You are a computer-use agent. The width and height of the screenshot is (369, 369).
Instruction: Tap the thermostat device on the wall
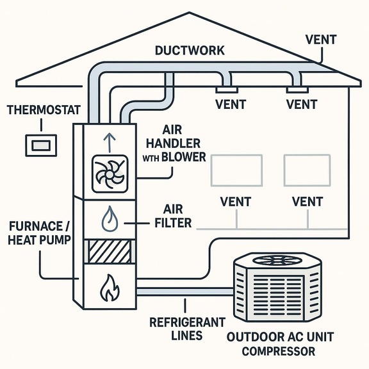pos(40,145)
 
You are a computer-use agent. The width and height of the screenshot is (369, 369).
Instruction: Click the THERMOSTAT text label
pos(42,110)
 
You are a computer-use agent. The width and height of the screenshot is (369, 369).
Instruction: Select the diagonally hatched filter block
pos(106,252)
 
